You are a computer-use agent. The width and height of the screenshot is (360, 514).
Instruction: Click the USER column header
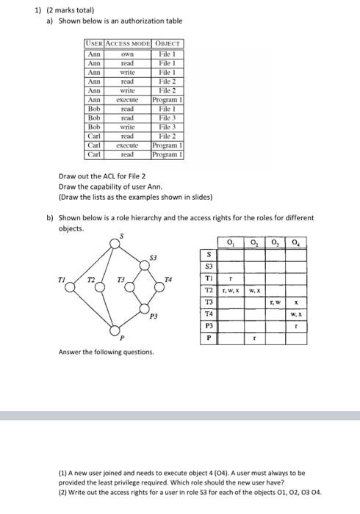pos(94,45)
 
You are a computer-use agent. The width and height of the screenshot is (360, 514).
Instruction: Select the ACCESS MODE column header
pos(127,45)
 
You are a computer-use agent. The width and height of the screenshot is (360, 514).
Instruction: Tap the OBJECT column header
pos(167,45)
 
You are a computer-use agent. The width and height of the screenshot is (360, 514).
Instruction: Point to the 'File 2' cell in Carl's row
pos(167,136)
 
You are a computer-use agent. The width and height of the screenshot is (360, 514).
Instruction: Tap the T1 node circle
pos(71,288)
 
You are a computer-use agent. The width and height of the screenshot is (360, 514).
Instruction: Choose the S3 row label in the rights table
pos(209,267)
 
